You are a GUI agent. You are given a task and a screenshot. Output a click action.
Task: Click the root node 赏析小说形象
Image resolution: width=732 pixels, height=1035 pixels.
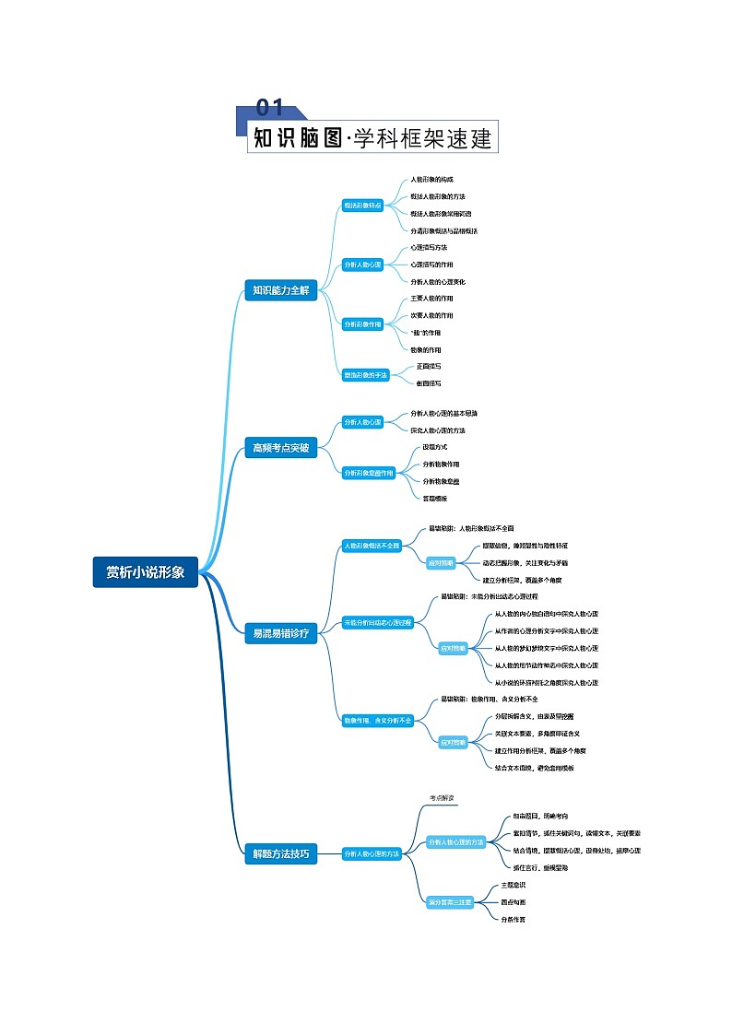(x=146, y=572)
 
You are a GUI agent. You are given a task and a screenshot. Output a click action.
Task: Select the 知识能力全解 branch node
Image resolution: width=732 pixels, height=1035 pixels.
(x=281, y=290)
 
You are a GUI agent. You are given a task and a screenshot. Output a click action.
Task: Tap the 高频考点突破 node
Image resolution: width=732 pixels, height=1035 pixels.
(x=281, y=449)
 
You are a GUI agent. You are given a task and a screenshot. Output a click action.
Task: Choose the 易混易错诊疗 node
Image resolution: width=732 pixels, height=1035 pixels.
(x=281, y=632)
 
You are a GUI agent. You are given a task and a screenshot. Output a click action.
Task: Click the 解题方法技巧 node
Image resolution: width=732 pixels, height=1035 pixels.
(x=281, y=853)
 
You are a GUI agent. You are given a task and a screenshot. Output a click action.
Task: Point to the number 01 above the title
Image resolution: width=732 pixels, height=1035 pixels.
(x=269, y=108)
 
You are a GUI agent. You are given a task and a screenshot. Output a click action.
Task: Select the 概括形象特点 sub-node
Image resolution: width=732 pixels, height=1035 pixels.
(x=362, y=206)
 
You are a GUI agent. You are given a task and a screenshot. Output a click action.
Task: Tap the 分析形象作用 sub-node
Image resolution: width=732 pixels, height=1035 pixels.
(x=362, y=324)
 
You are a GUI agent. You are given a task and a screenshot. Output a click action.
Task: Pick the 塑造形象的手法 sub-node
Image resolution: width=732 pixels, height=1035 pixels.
(x=366, y=374)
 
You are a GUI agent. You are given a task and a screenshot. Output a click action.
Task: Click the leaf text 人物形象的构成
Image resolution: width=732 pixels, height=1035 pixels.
(x=432, y=180)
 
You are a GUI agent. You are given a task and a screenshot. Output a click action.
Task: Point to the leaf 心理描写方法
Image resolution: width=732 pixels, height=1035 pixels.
(x=429, y=248)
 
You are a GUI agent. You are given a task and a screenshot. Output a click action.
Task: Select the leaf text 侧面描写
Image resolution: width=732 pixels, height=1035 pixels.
(x=429, y=382)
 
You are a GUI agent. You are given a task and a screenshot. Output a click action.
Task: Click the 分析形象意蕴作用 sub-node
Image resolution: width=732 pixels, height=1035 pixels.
(x=369, y=472)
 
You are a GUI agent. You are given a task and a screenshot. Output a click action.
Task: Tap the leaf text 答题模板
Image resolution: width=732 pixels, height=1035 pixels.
(x=435, y=498)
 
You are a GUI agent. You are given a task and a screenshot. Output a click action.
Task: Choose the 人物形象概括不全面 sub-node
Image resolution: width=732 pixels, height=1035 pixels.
(x=372, y=546)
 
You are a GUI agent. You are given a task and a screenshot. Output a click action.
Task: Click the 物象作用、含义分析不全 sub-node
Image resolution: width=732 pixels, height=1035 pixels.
(x=378, y=719)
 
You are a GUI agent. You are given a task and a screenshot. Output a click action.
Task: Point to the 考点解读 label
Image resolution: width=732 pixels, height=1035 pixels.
(x=442, y=798)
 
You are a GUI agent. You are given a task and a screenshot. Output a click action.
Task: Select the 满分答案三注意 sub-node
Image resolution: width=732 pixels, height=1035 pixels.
(x=450, y=901)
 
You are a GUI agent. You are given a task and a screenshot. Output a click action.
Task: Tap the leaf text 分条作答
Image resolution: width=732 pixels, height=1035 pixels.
(x=514, y=919)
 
